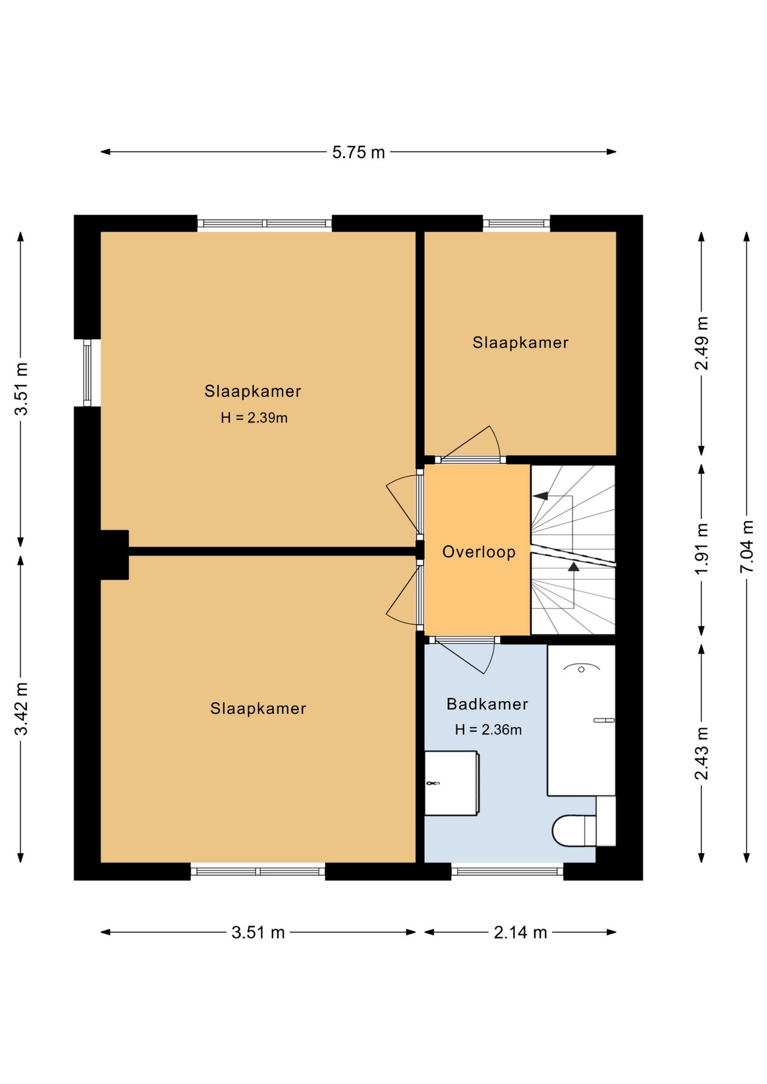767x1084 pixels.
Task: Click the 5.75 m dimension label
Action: click(x=358, y=152)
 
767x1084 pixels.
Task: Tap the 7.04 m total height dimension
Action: click(x=747, y=546)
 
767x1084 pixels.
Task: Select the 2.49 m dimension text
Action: click(x=701, y=343)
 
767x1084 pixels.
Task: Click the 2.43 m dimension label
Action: click(x=701, y=753)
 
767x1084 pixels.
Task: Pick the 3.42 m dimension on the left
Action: click(x=21, y=709)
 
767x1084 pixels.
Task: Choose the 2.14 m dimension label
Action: click(x=520, y=932)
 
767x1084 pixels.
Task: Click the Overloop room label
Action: click(x=478, y=552)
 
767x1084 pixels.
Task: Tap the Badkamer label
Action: click(x=487, y=704)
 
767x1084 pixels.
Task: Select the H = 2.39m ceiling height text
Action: click(x=254, y=418)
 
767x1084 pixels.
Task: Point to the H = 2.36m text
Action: click(x=488, y=729)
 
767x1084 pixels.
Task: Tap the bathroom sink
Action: click(x=451, y=783)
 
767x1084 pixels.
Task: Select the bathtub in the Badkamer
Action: click(x=581, y=720)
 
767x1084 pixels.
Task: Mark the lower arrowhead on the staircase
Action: click(x=573, y=566)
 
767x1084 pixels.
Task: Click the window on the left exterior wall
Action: click(x=87, y=373)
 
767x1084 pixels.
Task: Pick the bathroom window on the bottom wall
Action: click(x=507, y=871)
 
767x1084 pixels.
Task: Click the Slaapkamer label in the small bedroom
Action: click(x=520, y=343)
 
